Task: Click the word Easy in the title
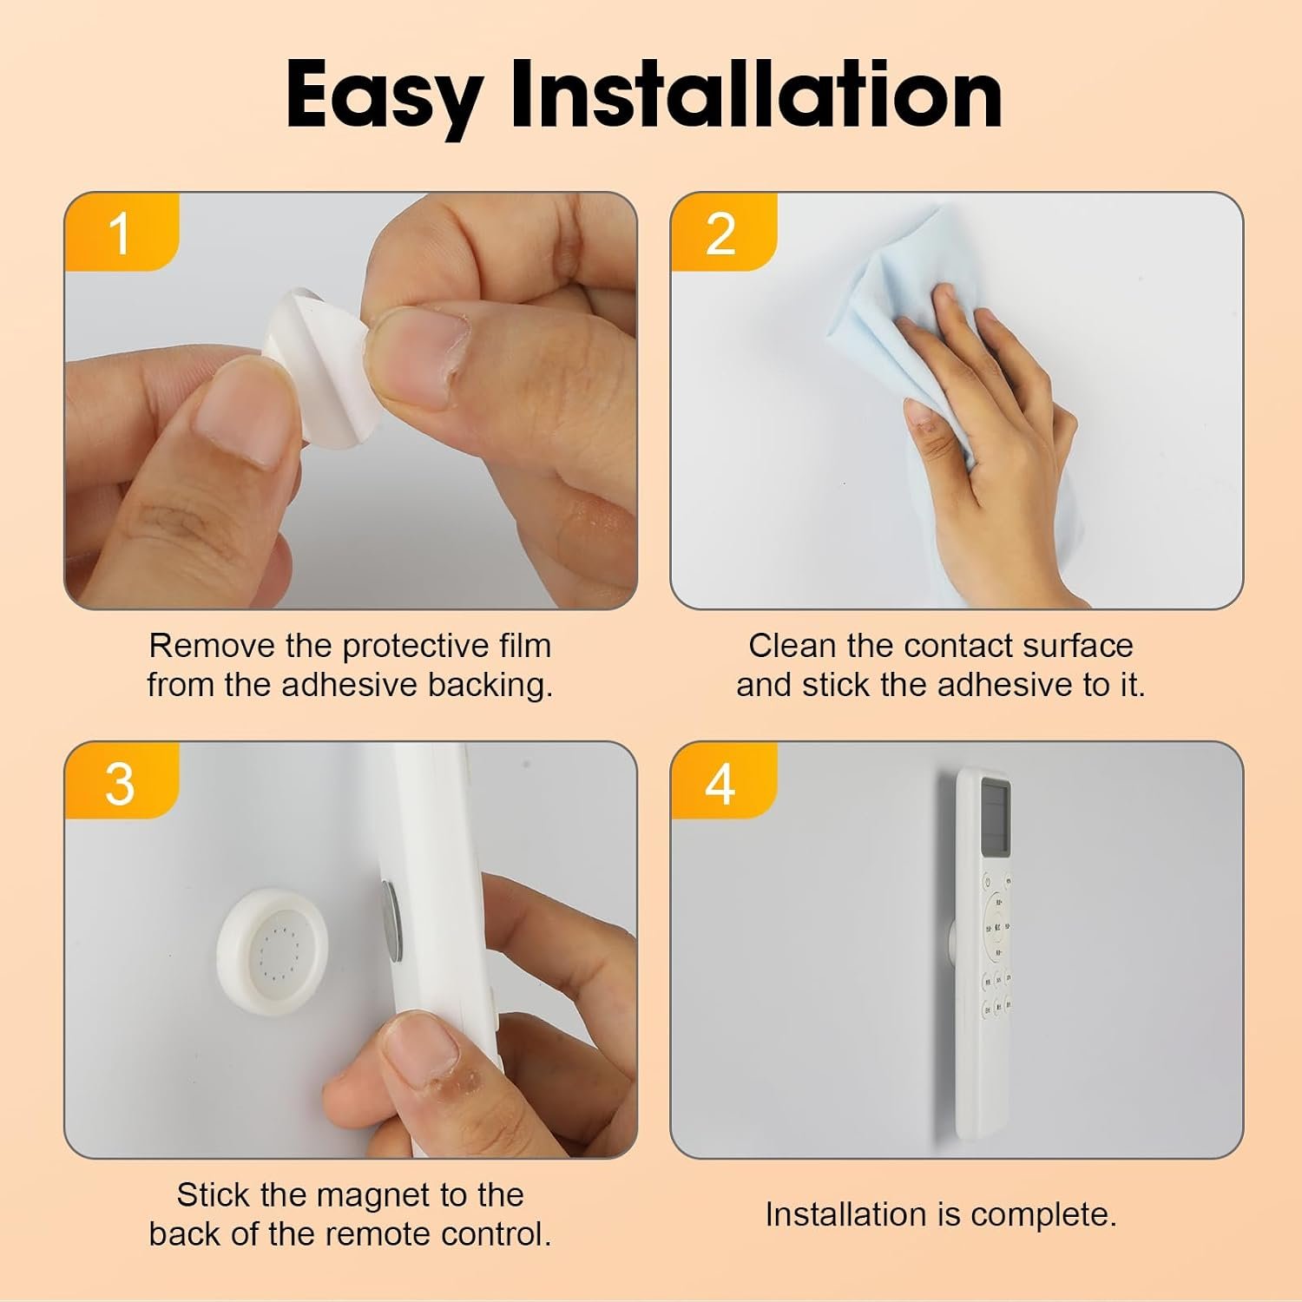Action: point(385,96)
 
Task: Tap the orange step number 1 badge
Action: point(122,232)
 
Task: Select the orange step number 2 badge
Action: point(723,232)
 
